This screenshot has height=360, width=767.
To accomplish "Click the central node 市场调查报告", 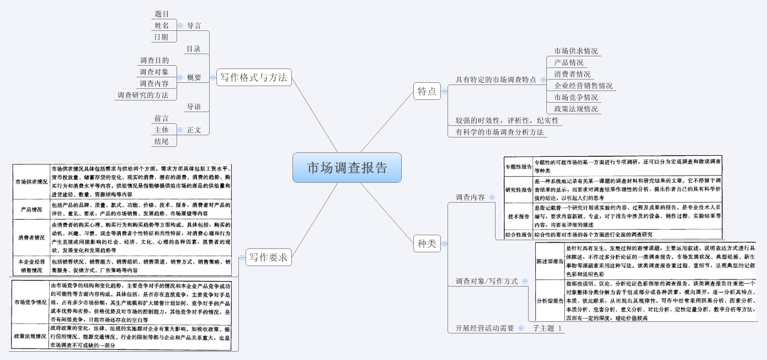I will pos(347,167).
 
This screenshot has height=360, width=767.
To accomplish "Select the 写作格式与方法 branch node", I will pos(254,77).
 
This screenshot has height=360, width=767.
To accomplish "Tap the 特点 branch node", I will pos(427,91).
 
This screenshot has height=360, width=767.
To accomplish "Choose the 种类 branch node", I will pos(427,242).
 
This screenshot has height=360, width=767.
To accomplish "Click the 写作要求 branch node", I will pos(268,257).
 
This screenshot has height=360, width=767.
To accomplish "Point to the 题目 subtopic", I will pos(162,14).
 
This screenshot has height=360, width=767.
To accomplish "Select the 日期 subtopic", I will pos(162,37).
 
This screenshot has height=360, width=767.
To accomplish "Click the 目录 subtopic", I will pos(193,49).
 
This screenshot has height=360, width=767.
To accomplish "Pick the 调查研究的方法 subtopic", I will pos(143,95).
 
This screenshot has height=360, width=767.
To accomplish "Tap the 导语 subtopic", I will pos(193,107).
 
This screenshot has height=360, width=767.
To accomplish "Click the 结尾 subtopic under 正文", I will pos(162,142).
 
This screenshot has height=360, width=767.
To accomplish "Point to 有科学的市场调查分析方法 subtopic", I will pos(499,132).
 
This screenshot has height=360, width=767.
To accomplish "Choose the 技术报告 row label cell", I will pos(518,216).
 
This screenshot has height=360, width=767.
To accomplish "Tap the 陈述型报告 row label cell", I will pos(550,261).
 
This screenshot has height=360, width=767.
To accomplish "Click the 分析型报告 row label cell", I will pos(550,301).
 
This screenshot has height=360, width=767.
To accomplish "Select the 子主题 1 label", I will pos(547,328).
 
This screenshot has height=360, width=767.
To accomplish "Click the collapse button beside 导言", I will pos(180,25).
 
